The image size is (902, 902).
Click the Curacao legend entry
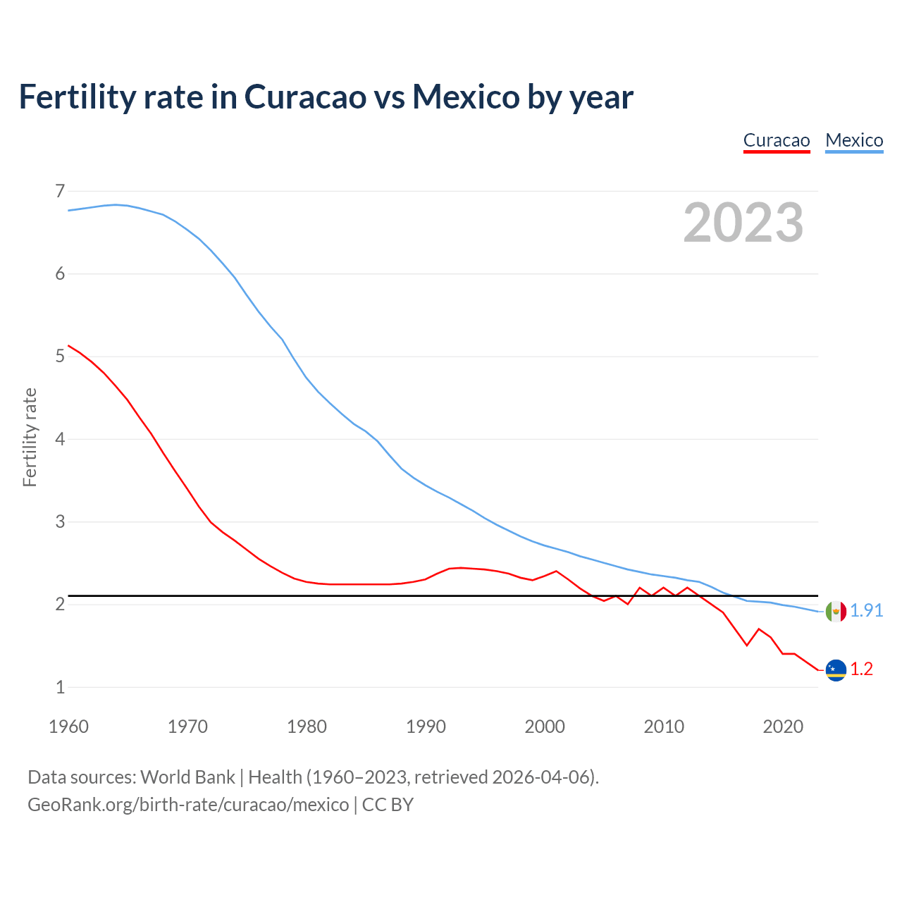pyautogui.click(x=777, y=140)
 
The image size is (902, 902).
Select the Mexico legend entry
pyautogui.click(x=854, y=140)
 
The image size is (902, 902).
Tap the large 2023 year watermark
pyautogui.click(x=743, y=223)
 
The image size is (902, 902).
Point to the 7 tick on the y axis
pyautogui.click(x=60, y=191)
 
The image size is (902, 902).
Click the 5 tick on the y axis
pyautogui.click(x=60, y=357)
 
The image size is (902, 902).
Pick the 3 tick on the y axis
pyautogui.click(x=60, y=521)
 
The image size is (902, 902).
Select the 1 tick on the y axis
pyautogui.click(x=60, y=687)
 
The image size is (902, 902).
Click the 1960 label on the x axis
pyautogui.click(x=68, y=727)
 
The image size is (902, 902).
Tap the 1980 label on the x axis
pyautogui.click(x=307, y=727)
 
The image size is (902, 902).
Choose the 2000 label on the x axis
pyautogui.click(x=545, y=727)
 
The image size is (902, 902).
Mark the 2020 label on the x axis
pyautogui.click(x=783, y=727)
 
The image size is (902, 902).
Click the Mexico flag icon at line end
pyautogui.click(x=836, y=611)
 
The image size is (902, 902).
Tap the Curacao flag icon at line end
pyautogui.click(x=836, y=670)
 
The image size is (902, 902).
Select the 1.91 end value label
pyautogui.click(x=866, y=611)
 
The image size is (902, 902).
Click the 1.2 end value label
pyautogui.click(x=861, y=669)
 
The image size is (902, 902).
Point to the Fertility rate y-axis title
pyautogui.click(x=30, y=437)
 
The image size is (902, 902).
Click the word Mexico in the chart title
pyautogui.click(x=466, y=97)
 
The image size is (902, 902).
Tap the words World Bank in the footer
pyautogui.click(x=187, y=777)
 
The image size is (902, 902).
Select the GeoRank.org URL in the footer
pyautogui.click(x=188, y=805)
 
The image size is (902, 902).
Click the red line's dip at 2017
pyautogui.click(x=747, y=645)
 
